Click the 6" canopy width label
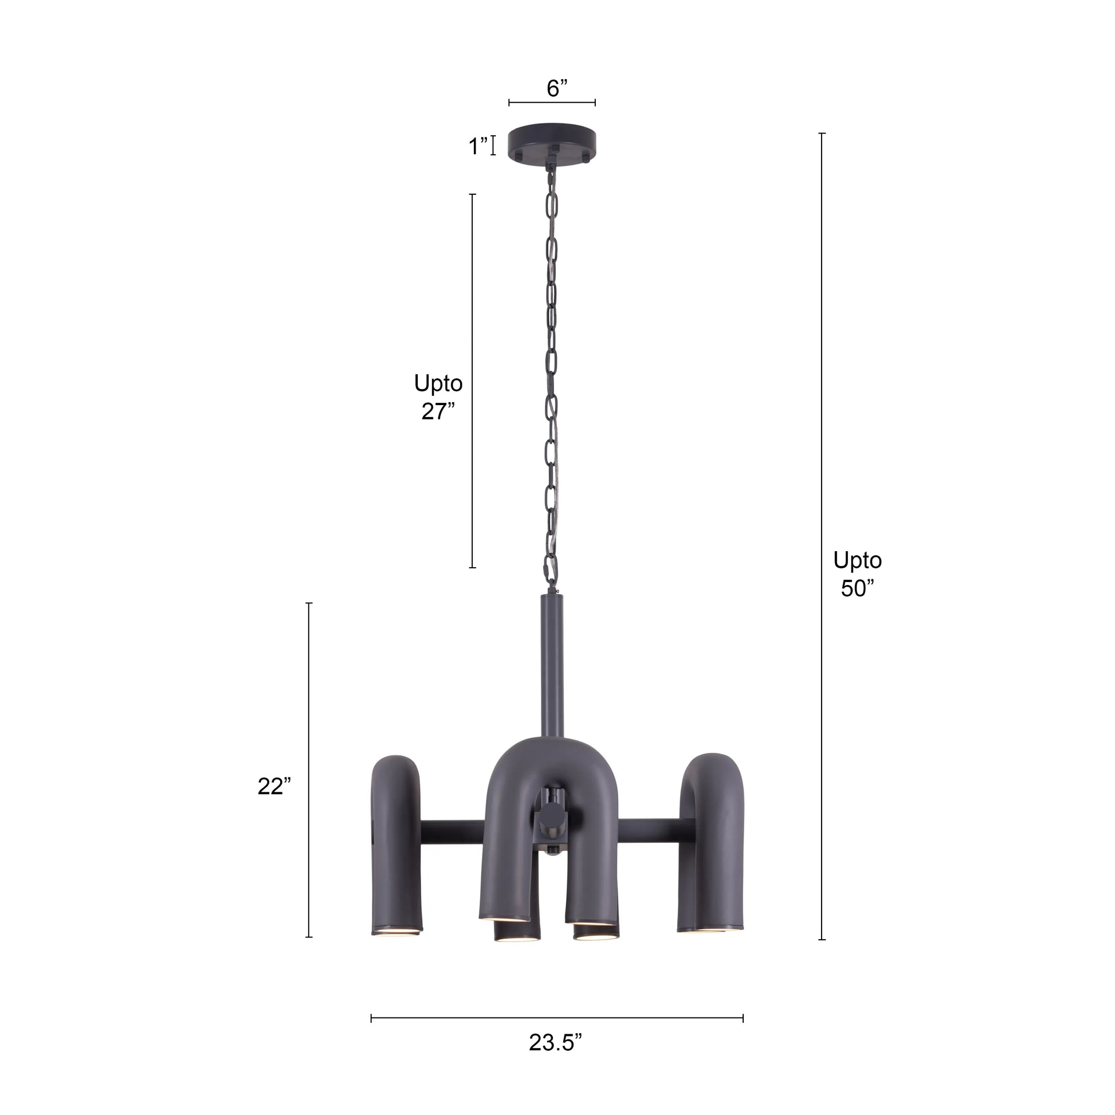pos(557,89)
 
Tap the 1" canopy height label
pos(478,146)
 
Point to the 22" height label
pos(274,787)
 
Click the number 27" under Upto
pos(438,411)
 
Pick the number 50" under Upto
pos(857,588)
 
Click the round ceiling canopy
pos(551,142)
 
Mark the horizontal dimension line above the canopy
pos(552,103)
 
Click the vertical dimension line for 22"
pos(309,774)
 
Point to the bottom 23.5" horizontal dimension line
pos(557,1019)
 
